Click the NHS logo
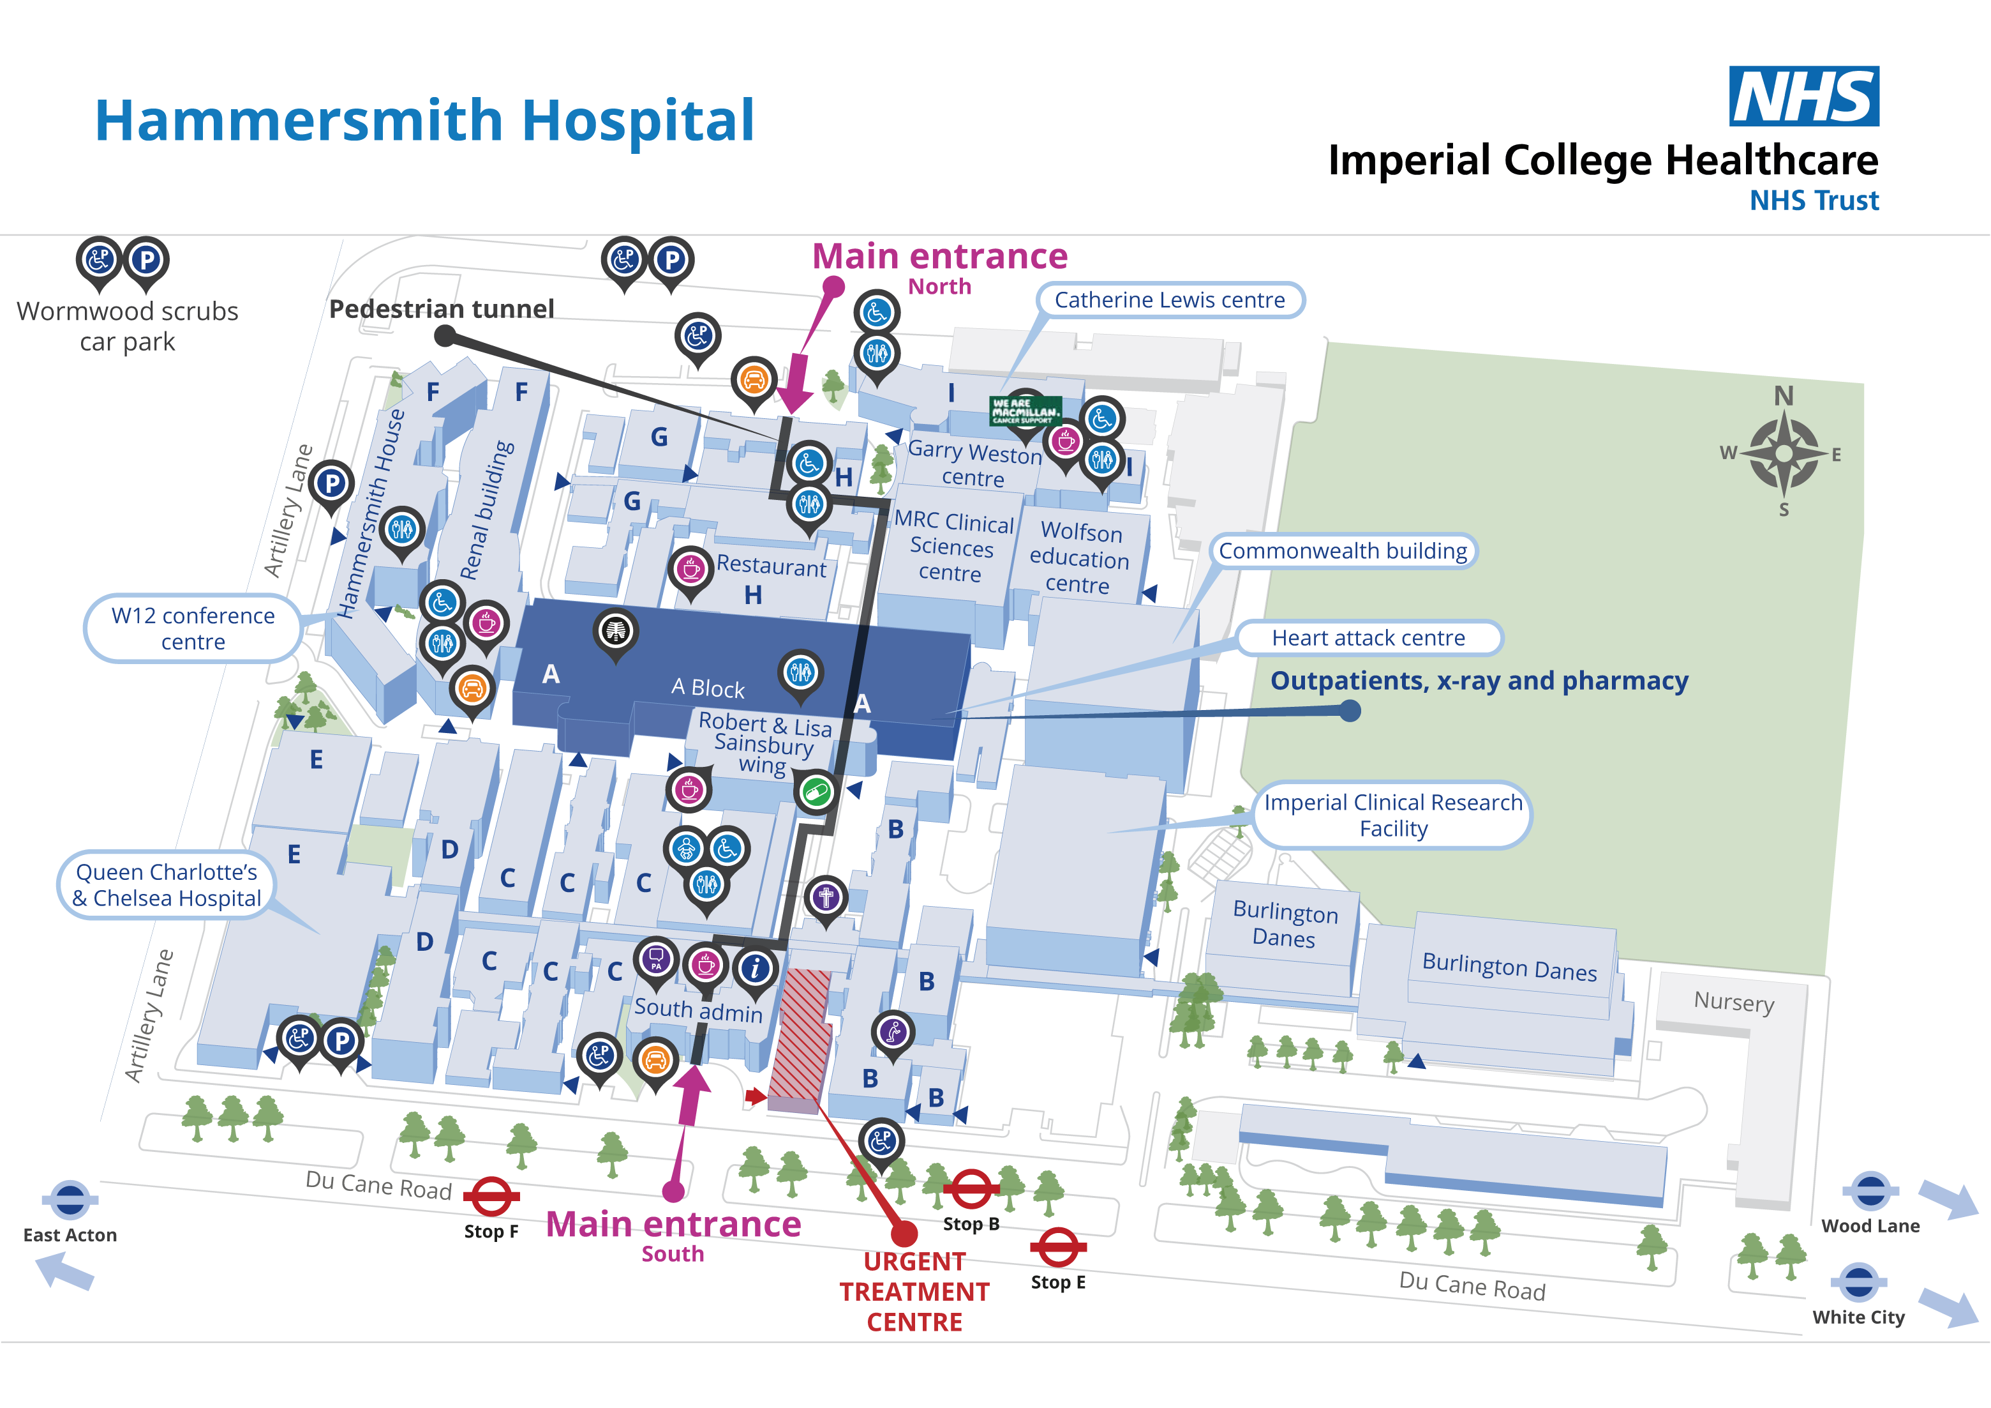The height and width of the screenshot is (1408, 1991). [x=1803, y=96]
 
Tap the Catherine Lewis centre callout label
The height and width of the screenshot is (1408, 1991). [x=1169, y=300]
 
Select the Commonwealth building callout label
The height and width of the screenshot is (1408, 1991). [x=1343, y=551]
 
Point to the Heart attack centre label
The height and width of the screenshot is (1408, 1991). [x=1368, y=638]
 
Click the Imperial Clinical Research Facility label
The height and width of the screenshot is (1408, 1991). [x=1392, y=815]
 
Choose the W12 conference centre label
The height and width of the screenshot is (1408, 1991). [x=193, y=628]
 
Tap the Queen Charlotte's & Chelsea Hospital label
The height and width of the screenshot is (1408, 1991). [x=167, y=885]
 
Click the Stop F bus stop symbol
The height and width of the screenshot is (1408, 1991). [x=491, y=1197]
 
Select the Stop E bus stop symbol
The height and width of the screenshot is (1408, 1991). [x=1058, y=1248]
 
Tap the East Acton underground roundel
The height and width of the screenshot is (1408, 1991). [x=70, y=1200]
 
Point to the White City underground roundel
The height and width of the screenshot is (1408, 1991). [x=1858, y=1283]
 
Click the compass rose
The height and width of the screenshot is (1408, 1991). [x=1783, y=453]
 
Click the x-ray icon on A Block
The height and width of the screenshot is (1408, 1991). [x=616, y=631]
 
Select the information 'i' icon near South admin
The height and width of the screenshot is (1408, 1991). [x=756, y=967]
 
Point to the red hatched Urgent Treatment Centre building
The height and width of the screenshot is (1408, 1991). [x=800, y=1037]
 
